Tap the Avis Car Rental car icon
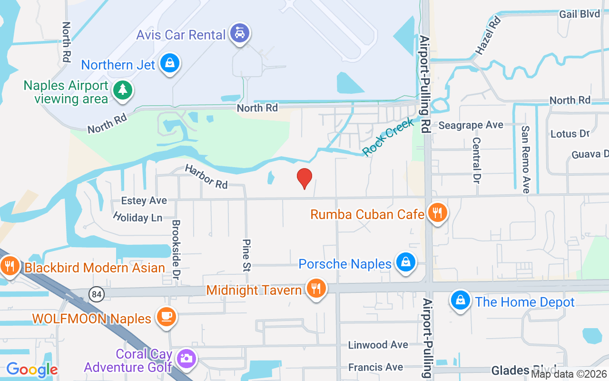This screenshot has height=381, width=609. [239, 33]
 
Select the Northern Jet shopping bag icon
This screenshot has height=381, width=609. [169, 63]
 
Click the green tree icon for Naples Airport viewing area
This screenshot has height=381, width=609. [123, 90]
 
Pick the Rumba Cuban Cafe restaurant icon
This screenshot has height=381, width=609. [436, 212]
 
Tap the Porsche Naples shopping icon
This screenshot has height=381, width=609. [405, 262]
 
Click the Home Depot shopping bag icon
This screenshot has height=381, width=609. [460, 301]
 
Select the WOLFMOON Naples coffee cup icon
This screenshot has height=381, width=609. [166, 317]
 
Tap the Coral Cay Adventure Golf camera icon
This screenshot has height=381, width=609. [186, 358]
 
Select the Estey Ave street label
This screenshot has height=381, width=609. [144, 201]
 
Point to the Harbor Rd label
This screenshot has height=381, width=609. [206, 176]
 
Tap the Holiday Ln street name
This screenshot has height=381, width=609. [138, 217]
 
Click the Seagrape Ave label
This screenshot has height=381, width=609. [471, 125]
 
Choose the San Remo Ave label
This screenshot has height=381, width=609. [525, 160]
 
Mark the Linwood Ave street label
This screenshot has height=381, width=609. [378, 344]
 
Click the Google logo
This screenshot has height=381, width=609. [32, 369]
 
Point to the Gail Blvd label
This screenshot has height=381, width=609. [580, 14]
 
